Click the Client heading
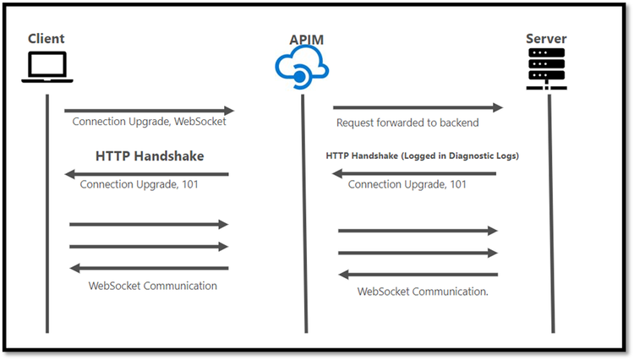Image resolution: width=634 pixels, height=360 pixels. click(46, 39)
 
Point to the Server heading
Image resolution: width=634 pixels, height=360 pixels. click(546, 39)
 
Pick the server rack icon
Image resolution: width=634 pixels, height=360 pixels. click(547, 68)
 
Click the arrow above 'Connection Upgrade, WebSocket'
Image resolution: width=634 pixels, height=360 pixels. click(149, 111)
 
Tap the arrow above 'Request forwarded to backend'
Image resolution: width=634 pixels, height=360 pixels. click(418, 107)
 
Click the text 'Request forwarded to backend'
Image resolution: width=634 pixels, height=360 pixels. click(407, 123)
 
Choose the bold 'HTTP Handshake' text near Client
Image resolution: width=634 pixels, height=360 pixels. click(150, 156)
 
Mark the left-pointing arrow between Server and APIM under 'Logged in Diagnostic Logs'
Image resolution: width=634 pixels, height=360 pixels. click(414, 173)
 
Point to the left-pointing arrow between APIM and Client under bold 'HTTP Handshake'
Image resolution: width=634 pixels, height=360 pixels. click(147, 174)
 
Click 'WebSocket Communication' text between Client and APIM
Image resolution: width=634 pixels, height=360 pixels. click(153, 286)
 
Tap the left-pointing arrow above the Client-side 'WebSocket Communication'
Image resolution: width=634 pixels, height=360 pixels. click(149, 268)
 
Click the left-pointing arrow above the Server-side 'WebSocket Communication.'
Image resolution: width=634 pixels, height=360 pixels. click(418, 274)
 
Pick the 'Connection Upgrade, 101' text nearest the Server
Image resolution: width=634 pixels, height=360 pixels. click(407, 184)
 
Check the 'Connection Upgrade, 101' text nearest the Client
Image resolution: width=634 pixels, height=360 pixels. click(139, 184)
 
